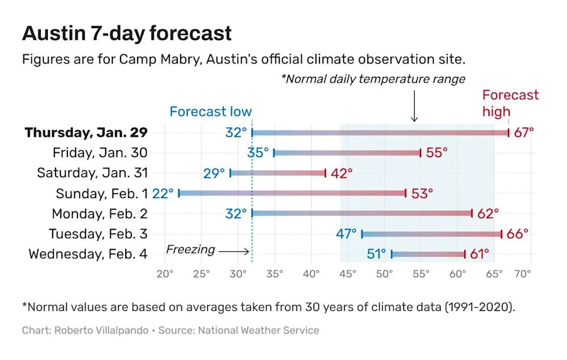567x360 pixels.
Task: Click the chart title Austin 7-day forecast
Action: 126,33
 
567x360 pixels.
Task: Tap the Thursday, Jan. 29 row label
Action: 86,132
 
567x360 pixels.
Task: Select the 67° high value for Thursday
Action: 524,132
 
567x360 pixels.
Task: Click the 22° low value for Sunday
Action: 163,193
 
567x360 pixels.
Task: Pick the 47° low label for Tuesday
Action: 347,234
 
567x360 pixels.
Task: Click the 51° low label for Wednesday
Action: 376,254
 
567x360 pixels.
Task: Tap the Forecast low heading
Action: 210,112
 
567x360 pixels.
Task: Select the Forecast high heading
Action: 510,103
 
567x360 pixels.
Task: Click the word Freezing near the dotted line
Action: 190,249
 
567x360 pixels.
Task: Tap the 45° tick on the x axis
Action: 348,274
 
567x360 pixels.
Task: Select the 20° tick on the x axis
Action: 164,274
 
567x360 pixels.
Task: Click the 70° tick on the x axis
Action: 523,274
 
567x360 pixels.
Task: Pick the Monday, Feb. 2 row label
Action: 99,213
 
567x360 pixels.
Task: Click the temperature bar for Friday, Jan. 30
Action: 347,153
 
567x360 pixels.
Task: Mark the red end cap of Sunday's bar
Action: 406,193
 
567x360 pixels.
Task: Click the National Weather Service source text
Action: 258,330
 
